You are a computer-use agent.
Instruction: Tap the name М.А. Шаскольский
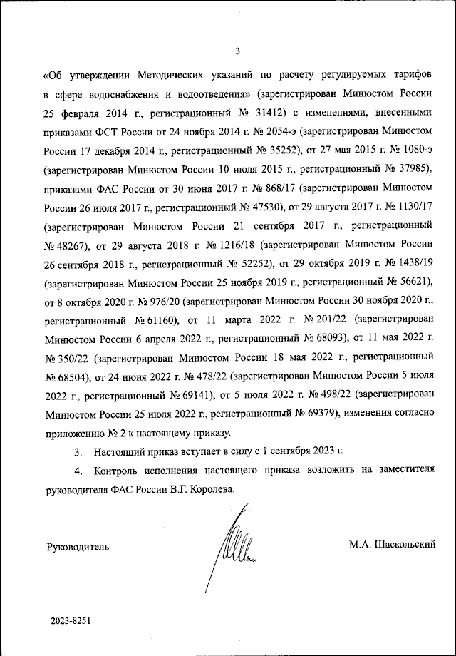click(392, 545)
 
